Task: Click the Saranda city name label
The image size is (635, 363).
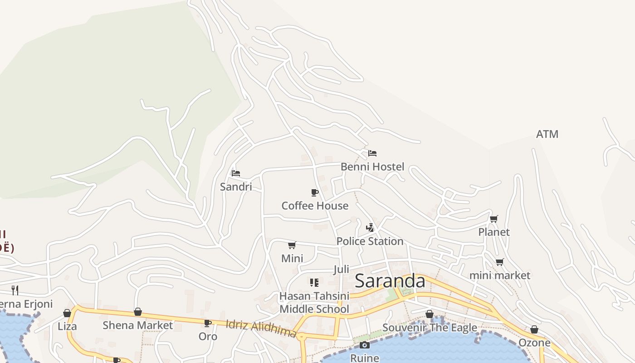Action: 390,281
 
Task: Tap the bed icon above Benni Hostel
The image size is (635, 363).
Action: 372,153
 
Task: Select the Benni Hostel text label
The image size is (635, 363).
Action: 372,167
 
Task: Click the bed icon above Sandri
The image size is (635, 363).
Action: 235,173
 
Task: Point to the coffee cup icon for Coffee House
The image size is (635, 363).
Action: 315,193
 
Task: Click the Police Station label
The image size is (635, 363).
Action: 370,241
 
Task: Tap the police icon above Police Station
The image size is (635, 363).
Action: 370,227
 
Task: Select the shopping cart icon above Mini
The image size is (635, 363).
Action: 292,245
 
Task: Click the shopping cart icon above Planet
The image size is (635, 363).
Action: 494,219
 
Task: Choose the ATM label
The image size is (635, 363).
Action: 547,134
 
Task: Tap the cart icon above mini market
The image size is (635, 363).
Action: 500,262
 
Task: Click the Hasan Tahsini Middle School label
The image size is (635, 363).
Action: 314,303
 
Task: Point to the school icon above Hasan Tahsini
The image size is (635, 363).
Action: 314,283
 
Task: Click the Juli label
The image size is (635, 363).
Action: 341,269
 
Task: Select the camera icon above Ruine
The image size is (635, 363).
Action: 364,345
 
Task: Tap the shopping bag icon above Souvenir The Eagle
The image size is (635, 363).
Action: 430,314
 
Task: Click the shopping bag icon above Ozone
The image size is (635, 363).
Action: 534,329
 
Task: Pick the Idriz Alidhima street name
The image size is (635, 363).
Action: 261,329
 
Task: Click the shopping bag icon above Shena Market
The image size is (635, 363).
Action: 138,312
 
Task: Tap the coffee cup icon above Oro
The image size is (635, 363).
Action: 208,323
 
